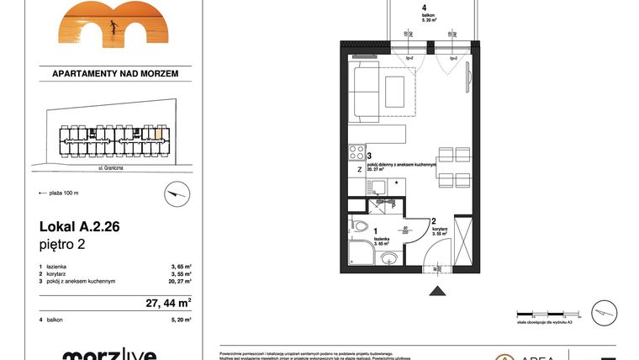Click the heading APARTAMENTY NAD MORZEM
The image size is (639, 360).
pos(115,75)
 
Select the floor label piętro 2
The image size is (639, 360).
pos(63,246)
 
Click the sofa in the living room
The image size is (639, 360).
pos(367,88)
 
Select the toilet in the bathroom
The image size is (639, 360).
pos(360,226)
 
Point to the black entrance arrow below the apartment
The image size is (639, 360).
pos(437,290)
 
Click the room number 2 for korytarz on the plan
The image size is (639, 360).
pos(433,222)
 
